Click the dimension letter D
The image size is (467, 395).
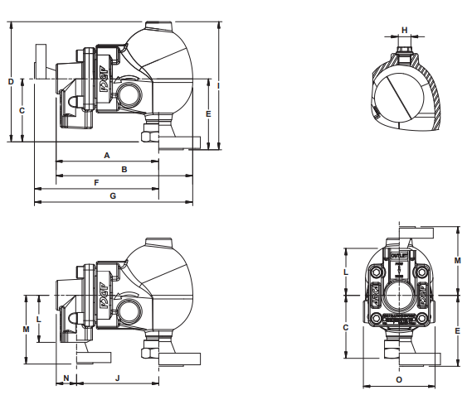[x=10, y=81]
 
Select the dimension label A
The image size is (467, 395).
[x=107, y=155]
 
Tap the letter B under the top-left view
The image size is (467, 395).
[x=124, y=169]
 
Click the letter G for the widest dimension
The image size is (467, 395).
[x=113, y=195]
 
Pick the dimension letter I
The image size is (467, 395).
[x=217, y=85]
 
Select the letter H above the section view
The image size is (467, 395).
[x=405, y=30]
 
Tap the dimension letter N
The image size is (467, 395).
[x=66, y=377]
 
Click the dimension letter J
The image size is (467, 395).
[x=117, y=377]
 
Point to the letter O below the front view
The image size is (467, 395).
[x=399, y=379]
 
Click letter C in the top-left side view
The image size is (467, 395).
[x=22, y=109]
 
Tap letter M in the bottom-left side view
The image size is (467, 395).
[x=27, y=329]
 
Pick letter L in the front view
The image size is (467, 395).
[x=347, y=271]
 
